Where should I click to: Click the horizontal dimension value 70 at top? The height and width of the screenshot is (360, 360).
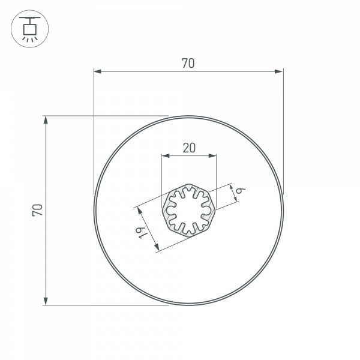point(188,63)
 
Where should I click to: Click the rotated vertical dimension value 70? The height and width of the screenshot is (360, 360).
point(37,209)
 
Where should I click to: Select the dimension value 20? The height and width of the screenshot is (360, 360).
point(188,148)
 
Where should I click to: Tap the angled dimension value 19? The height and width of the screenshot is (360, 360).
point(142,232)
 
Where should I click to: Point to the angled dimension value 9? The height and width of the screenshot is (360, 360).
point(239,190)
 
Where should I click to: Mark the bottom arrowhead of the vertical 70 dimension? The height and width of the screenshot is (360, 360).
point(46,301)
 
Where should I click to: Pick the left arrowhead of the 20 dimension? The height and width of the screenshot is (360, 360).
point(165,156)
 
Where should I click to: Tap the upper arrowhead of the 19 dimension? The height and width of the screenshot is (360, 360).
point(139,211)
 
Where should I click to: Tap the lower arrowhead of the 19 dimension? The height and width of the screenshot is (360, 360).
point(155,247)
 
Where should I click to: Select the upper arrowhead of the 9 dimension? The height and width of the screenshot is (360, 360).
point(231,188)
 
